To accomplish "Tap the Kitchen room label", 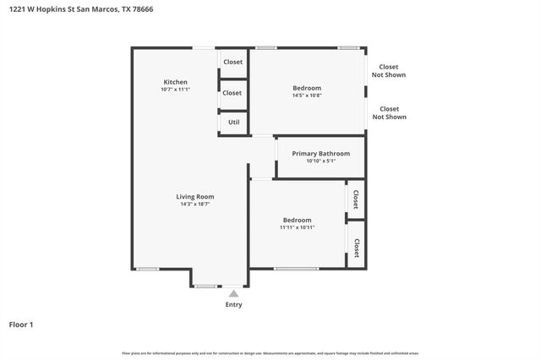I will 175,82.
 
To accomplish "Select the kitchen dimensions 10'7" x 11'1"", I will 175,90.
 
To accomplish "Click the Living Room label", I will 194,197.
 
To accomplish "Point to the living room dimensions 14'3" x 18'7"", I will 194,205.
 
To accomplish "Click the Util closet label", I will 233,123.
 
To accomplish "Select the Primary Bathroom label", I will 320,153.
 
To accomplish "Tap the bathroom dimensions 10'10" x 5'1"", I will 320,161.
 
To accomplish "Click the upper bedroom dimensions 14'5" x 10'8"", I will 307,95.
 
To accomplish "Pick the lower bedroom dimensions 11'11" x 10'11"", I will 297,227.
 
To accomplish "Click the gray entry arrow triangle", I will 233,293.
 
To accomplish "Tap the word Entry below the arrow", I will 233,305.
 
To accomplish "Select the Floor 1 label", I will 20,325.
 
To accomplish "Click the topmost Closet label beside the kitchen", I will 232,62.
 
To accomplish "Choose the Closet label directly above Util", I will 232,93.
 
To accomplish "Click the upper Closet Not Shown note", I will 389,71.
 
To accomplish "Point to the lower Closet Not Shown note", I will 389,112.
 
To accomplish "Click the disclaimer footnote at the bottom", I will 270,352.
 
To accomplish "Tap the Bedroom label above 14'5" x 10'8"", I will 307,88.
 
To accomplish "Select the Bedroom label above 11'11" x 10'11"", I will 297,220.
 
